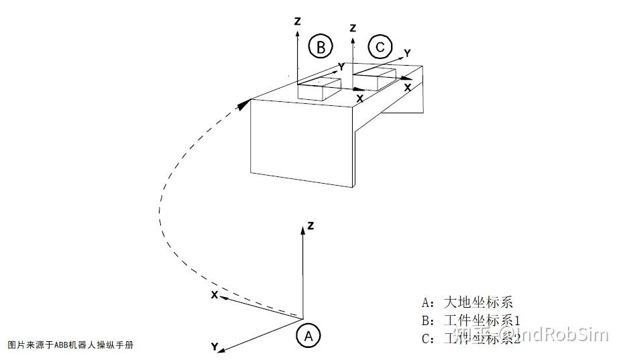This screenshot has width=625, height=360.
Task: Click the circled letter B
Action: pos(321,47)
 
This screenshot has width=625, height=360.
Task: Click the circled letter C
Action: pos(380,47)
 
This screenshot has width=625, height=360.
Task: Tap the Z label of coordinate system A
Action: pos(310,226)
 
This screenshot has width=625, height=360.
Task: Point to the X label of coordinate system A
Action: pos(215,294)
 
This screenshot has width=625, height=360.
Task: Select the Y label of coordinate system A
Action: pos(214,347)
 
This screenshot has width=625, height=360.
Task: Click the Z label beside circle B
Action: pos(296,21)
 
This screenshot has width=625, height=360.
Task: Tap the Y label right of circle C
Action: pos(407,52)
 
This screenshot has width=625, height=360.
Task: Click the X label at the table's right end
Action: pos(407,87)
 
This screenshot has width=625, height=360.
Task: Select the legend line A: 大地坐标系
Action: pos(467,302)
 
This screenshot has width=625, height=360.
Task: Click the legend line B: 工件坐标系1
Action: pos(471,320)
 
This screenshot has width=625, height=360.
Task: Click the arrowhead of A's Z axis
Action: pos(303,229)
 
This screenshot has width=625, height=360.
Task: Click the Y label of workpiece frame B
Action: pos(341,67)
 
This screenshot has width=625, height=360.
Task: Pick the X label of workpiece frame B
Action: pos(359,99)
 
